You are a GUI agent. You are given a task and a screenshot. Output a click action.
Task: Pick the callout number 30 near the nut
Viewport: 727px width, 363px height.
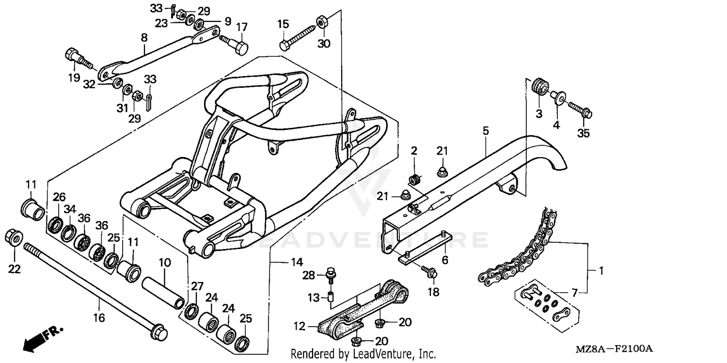click(x=323, y=43)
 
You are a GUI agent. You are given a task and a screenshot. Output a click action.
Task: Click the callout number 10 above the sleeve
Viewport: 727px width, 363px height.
click(x=165, y=263)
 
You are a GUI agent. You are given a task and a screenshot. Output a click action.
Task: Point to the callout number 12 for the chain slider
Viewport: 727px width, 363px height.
click(x=300, y=327)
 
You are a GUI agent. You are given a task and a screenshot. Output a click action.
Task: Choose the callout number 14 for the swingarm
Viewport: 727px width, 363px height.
click(x=297, y=262)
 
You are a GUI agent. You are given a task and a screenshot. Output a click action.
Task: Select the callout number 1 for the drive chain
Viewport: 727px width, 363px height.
click(x=601, y=271)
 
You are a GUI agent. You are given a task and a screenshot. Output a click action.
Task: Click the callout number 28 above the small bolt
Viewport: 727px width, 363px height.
click(x=309, y=275)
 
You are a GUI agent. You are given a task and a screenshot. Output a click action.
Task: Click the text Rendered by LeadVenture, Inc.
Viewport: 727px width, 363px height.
click(x=363, y=354)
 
